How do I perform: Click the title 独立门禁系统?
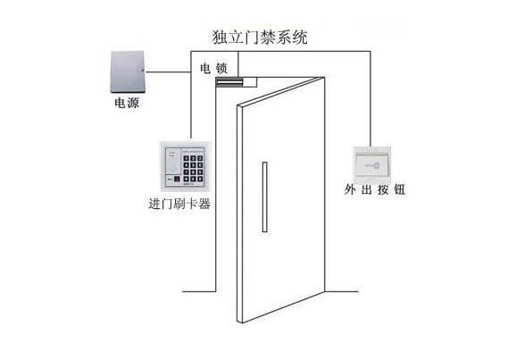point(260,38)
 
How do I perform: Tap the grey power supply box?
point(128,72)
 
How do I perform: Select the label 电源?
point(127,103)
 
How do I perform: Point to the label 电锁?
point(213,69)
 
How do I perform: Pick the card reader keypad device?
point(185,166)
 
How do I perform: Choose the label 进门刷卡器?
point(179,204)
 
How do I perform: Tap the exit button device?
point(371,164)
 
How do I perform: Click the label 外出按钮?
point(375,189)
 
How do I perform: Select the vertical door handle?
point(264,197)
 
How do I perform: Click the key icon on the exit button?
point(372,166)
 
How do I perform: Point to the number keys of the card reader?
point(193,169)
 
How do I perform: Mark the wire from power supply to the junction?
point(168,71)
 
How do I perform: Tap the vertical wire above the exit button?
point(370,99)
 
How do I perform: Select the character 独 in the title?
point(220,38)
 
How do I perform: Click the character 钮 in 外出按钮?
point(400,189)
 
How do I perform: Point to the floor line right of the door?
point(342,291)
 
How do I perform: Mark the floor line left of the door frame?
point(199,291)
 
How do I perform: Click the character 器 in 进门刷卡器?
point(204,204)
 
